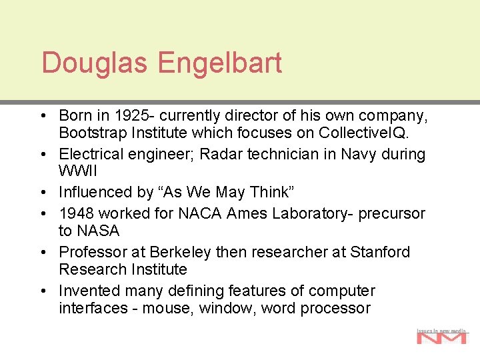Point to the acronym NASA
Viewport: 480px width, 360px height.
coord(98,231)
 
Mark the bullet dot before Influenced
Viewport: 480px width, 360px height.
coord(43,193)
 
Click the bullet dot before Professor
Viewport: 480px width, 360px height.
coord(43,253)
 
